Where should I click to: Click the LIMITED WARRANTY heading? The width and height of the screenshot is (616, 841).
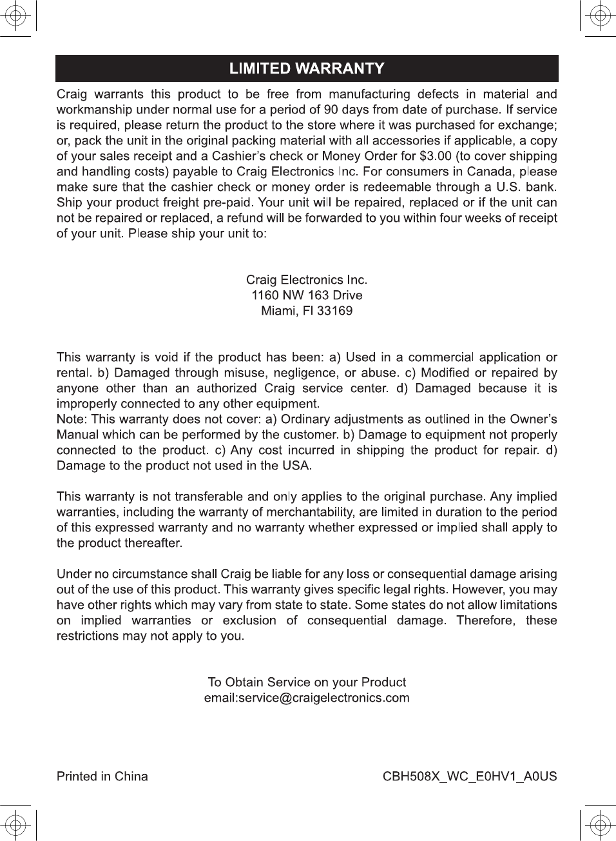(307, 68)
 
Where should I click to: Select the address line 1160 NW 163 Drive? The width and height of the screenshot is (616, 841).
(307, 295)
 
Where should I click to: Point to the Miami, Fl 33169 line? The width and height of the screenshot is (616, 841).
(307, 311)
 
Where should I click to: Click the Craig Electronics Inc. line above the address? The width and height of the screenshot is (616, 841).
(307, 280)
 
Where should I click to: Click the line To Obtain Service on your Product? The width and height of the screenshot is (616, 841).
(307, 682)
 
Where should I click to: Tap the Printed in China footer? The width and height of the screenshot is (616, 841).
(102, 777)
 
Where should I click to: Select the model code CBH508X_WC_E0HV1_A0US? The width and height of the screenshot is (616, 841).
(470, 777)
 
